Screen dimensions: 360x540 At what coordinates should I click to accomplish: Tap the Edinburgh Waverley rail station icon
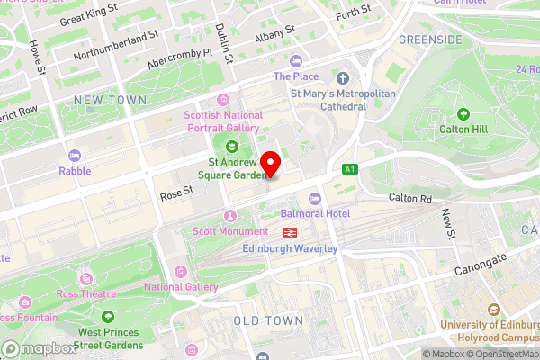tap(291, 232)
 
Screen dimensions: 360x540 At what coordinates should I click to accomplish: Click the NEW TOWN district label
tap(110, 100)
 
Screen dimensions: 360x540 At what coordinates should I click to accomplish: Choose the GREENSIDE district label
tap(429, 40)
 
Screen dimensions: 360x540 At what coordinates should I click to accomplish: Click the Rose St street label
tap(176, 191)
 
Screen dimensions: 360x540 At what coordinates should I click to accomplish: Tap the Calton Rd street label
tap(413, 197)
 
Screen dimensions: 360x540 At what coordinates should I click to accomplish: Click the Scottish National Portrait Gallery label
tap(223, 121)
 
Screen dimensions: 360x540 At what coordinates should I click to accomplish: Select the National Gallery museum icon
tap(181, 272)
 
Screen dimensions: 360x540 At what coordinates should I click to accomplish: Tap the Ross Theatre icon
tap(85, 278)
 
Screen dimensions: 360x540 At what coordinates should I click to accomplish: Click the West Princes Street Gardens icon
tap(108, 316)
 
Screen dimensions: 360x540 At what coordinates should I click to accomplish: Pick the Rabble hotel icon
tap(75, 156)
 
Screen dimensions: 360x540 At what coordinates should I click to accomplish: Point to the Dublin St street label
tap(225, 43)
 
